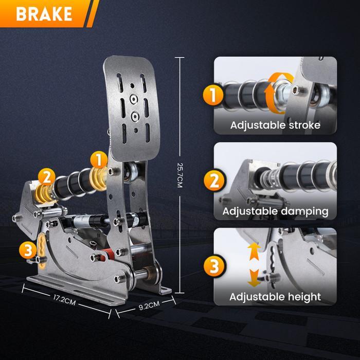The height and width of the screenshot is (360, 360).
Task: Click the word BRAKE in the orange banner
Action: tap(44, 14)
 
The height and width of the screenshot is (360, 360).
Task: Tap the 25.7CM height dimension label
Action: tap(180, 175)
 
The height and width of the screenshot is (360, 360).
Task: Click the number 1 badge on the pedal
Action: tap(99, 160)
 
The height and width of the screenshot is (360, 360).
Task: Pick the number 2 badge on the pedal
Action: tap(47, 177)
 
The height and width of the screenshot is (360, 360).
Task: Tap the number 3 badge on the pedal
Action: tap(28, 250)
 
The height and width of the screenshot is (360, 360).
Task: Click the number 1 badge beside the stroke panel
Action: tap(213, 94)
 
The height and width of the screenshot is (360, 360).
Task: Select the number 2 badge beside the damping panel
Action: tap(214, 180)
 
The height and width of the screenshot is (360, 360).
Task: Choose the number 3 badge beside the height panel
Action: tap(214, 266)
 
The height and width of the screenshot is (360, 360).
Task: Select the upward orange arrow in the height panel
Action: tap(254, 251)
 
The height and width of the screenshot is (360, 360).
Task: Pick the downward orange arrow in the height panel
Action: tap(254, 278)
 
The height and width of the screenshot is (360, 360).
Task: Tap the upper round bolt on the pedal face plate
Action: tap(134, 99)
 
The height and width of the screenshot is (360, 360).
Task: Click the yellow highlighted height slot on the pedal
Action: tap(42, 250)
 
